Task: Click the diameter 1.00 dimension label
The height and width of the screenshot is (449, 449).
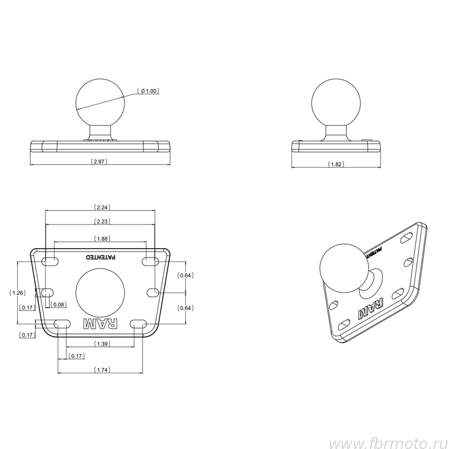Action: pos(148,91)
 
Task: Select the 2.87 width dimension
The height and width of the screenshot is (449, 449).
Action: pos(99,162)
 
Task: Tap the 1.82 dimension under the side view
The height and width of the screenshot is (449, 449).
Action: pos(336,164)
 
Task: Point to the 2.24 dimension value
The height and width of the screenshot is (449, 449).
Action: pos(102,207)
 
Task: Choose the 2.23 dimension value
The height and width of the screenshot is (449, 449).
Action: pos(102,221)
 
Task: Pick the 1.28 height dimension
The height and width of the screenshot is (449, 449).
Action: pos(17,293)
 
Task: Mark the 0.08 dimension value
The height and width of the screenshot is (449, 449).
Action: pos(59,304)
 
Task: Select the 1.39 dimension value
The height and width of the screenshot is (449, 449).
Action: pos(102,344)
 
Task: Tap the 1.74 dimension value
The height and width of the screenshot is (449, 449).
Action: pos(102,370)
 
